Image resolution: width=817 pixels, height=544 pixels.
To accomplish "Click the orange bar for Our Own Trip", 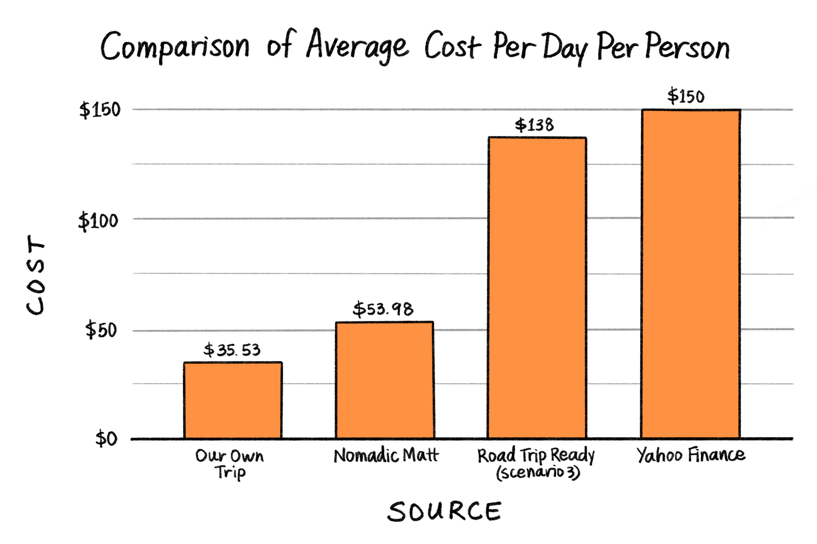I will pyautogui.click(x=232, y=400).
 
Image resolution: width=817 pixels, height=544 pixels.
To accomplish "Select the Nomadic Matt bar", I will pyautogui.click(x=384, y=380).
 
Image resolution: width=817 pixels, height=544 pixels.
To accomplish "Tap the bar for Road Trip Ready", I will pyautogui.click(x=537, y=288).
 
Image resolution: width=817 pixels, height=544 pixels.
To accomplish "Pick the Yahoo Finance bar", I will pyautogui.click(x=690, y=274).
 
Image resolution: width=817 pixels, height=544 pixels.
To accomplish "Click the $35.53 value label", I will pyautogui.click(x=232, y=350).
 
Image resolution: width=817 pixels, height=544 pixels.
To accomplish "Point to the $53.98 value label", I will pyautogui.click(x=383, y=309).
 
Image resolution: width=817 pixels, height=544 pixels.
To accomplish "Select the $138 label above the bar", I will pyautogui.click(x=534, y=125).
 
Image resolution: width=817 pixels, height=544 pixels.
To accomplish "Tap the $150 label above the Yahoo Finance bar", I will pyautogui.click(x=686, y=96).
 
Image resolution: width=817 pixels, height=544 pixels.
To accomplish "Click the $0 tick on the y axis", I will pyautogui.click(x=106, y=439).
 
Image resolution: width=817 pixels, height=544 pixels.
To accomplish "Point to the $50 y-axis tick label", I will pyautogui.click(x=101, y=330).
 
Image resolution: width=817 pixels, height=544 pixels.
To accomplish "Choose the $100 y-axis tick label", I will pyautogui.click(x=98, y=221).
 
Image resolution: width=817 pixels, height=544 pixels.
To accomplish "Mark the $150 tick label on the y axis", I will pyautogui.click(x=100, y=110).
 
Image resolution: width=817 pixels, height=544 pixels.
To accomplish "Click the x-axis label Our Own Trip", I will pyautogui.click(x=230, y=464).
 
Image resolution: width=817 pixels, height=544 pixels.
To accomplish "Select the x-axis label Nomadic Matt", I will pyautogui.click(x=386, y=455).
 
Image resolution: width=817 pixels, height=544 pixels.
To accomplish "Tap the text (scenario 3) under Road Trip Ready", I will pyautogui.click(x=538, y=473).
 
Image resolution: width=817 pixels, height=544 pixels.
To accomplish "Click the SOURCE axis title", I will pyautogui.click(x=444, y=512).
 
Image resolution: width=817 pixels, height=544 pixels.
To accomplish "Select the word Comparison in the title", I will pyautogui.click(x=174, y=47).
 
